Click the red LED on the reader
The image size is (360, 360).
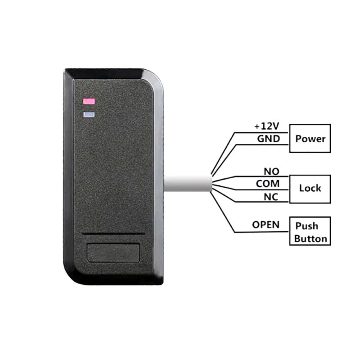pyautogui.click(x=89, y=101)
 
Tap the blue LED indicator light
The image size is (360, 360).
pyautogui.click(x=89, y=114)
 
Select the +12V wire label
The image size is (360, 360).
pyautogui.click(x=267, y=126)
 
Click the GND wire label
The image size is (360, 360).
pyautogui.click(x=268, y=139)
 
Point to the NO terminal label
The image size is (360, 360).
pyautogui.click(x=271, y=171)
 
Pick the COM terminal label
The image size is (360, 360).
pyautogui.click(x=268, y=184)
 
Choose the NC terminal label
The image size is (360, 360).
pyautogui.click(x=271, y=197)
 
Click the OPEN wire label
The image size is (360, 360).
pyautogui.click(x=265, y=225)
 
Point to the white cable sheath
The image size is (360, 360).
pyautogui.click(x=188, y=184)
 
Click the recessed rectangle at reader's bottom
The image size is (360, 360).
pyautogui.click(x=113, y=252)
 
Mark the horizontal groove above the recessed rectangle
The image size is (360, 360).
pyautogui.click(x=113, y=234)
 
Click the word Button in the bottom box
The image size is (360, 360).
pyautogui.click(x=310, y=239)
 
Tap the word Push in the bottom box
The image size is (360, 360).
pyautogui.click(x=307, y=226)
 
